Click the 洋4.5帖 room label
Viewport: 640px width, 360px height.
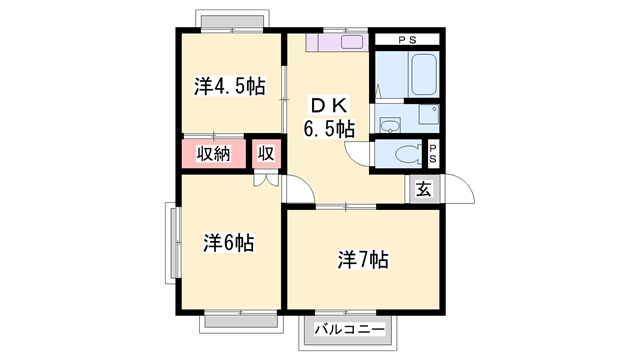point(229,87)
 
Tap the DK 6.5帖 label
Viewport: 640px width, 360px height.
point(329,116)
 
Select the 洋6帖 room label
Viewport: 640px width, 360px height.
point(228,242)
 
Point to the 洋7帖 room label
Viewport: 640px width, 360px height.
point(362,261)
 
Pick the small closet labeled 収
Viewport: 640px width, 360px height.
point(265,154)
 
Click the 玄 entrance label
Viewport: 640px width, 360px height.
point(423,188)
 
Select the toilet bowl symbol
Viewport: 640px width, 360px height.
point(406,154)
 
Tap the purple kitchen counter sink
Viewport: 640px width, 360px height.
point(339,43)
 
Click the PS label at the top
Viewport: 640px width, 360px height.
point(407,39)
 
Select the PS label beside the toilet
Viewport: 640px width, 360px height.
point(434,153)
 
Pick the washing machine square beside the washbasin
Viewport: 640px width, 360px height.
point(428,114)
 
